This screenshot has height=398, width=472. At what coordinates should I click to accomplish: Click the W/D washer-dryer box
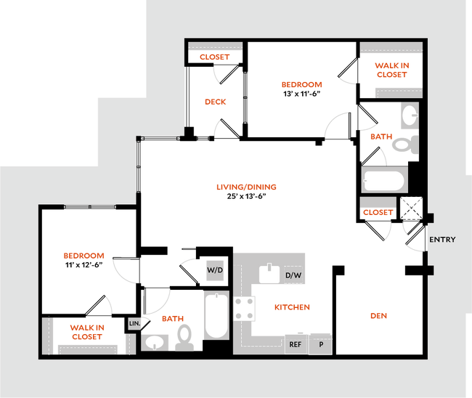click(216, 270)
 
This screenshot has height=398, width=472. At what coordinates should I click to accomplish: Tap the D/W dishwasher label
click(293, 275)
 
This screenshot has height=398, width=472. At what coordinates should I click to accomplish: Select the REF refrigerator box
click(295, 344)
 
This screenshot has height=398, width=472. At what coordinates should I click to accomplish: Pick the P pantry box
click(320, 344)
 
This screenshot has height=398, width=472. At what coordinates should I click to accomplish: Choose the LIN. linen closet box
click(134, 322)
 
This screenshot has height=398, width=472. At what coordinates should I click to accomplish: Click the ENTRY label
click(442, 240)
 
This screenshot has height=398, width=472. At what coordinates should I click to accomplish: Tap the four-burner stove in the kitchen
click(245, 310)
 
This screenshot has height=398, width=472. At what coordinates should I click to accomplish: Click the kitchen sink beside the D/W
click(270, 274)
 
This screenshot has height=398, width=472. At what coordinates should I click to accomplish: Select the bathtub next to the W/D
click(216, 315)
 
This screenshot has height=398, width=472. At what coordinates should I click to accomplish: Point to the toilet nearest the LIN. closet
click(185, 338)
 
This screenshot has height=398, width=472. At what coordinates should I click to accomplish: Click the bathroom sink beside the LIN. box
click(153, 341)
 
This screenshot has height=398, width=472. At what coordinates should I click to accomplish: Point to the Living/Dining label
click(246, 187)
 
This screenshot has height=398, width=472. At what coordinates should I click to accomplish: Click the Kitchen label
click(293, 308)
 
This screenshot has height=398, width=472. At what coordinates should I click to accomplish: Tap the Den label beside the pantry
click(378, 316)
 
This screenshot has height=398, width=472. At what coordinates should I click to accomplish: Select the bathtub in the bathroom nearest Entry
click(383, 180)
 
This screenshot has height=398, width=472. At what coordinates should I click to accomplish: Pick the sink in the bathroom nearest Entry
click(409, 115)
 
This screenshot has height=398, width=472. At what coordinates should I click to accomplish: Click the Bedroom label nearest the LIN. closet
click(84, 256)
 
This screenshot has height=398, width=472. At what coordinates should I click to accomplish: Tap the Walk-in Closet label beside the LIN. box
click(86, 331)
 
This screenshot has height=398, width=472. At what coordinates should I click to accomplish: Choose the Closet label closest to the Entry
click(378, 214)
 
